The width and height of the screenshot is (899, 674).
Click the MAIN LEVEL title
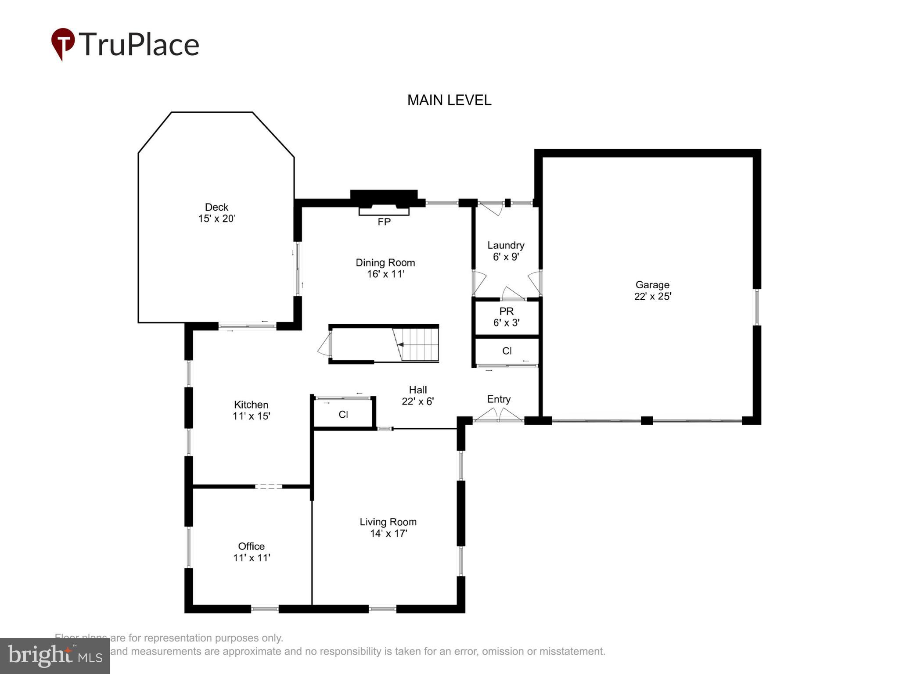pos(449,100)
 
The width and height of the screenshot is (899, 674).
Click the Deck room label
pos(216,207)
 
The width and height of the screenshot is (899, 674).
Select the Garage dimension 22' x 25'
pos(652,297)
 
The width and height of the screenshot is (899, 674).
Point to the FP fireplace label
pos(384,222)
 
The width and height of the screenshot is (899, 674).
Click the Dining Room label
pos(385,263)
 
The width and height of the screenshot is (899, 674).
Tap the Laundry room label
pos(506,245)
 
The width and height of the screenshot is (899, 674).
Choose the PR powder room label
pos(506,312)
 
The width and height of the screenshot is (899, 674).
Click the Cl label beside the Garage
pos(507,351)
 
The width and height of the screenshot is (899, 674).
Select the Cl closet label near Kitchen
pos(343,415)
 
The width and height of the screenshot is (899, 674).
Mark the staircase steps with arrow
pos(419,345)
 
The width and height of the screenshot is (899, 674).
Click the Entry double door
pos(498,416)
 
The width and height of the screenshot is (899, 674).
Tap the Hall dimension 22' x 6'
pos(417,401)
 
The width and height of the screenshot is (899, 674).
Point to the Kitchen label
pos(251,405)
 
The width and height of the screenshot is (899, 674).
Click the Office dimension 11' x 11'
pos(251,558)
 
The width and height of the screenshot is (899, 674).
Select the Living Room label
pos(388,522)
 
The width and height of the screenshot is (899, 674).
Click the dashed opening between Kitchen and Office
pos(268,486)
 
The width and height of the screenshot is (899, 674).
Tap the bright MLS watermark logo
pos(54,656)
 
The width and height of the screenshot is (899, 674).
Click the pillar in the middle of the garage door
pos(647,420)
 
